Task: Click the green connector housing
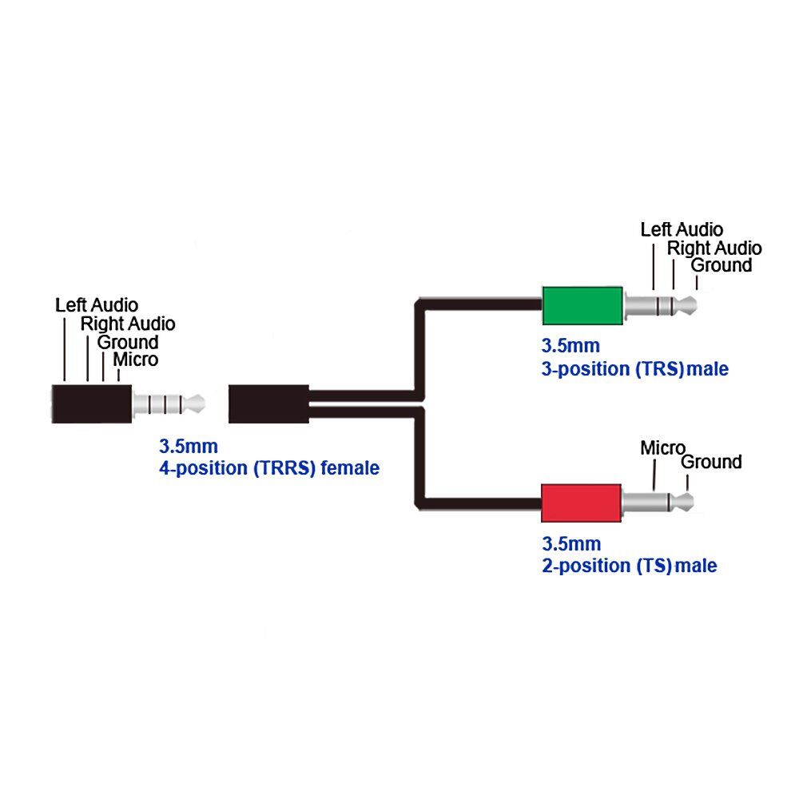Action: (x=582, y=306)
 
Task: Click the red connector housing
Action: (x=581, y=503)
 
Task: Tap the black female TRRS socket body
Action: (x=268, y=404)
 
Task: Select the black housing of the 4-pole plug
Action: (x=92, y=404)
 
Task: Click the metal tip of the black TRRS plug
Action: (x=195, y=404)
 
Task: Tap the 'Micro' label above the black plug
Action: (x=136, y=360)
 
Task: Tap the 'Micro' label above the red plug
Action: (x=662, y=448)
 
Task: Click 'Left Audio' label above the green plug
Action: (x=682, y=230)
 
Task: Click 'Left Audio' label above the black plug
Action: (x=97, y=305)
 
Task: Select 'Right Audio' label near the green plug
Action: (x=714, y=248)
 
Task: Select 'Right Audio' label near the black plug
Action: (x=128, y=324)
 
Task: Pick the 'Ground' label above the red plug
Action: (x=711, y=462)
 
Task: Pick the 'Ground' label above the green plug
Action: (x=721, y=265)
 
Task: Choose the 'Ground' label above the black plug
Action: (x=128, y=342)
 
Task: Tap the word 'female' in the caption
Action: (x=350, y=467)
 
